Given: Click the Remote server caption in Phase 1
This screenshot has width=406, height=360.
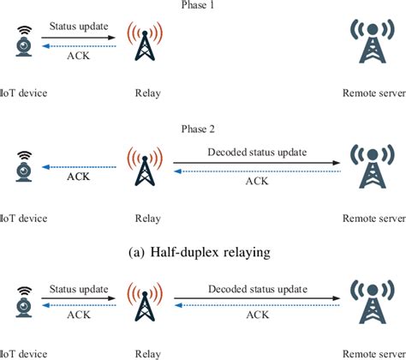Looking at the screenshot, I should pyautogui.click(x=372, y=89).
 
